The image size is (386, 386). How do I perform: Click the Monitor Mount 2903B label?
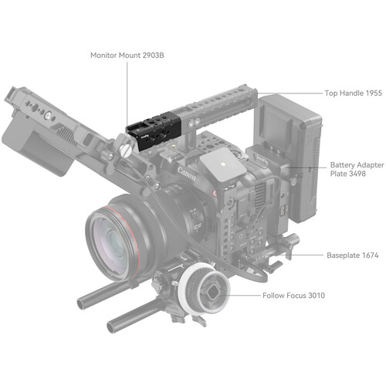pos(127,55)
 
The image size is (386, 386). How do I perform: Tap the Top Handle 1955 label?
pos(354,93)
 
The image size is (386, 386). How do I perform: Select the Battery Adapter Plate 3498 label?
pos(357,169)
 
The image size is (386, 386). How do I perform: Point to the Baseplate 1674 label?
pos(352,256)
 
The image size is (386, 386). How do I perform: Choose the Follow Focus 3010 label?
pos(293,295)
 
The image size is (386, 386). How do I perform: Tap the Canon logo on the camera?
pos(187,174)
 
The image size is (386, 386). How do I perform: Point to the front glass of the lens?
pos(110,243)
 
